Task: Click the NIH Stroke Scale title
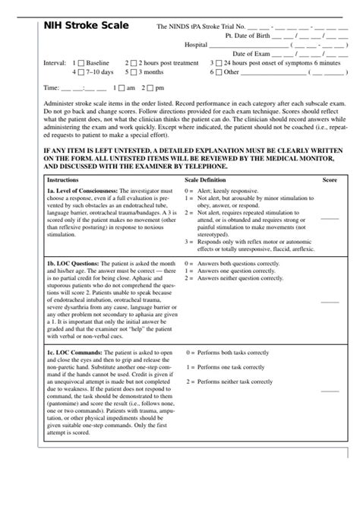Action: (75, 27)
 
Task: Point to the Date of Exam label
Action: (254, 54)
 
